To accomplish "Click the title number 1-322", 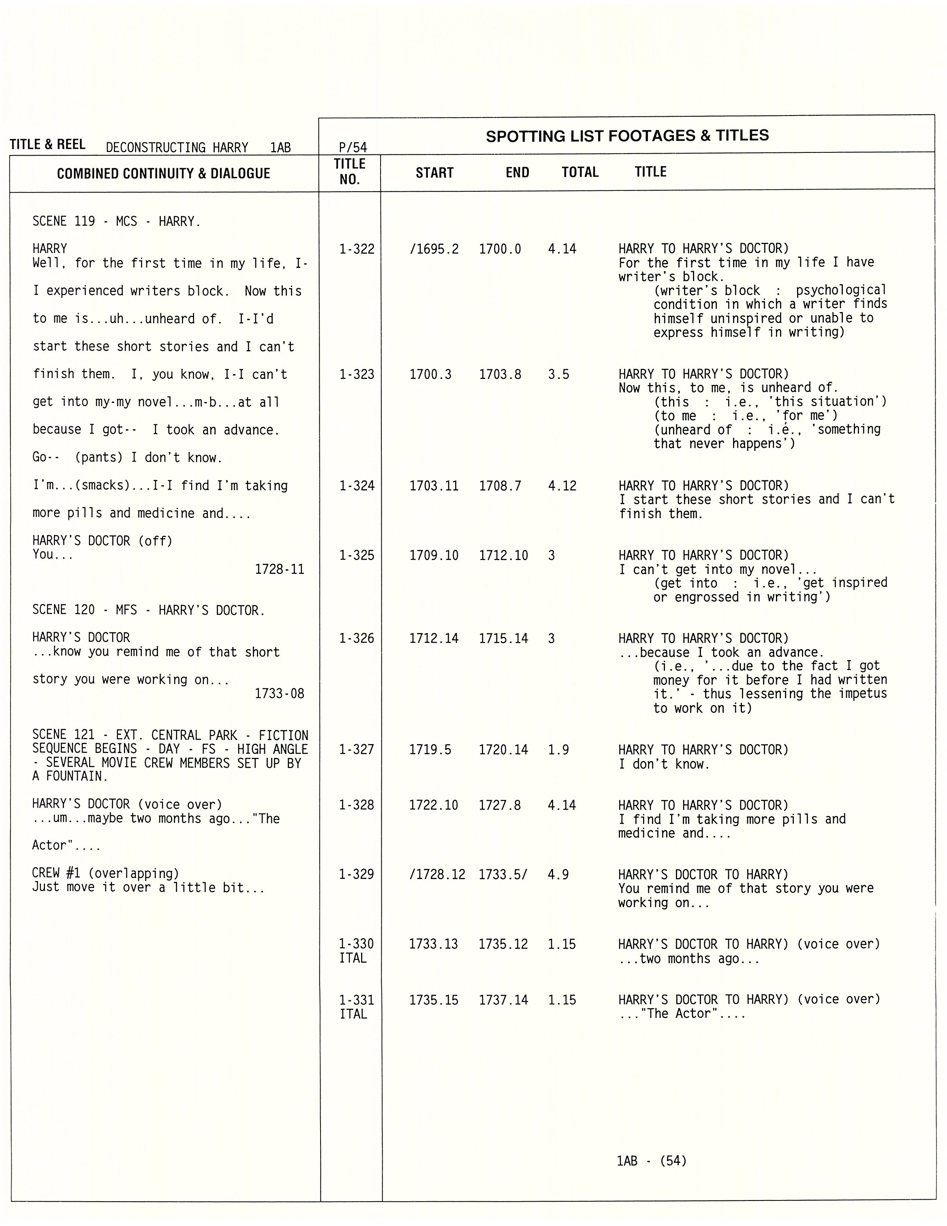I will coord(357,249).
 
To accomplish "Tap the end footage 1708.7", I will coord(500,486).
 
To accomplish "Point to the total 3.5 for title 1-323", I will coord(558,374).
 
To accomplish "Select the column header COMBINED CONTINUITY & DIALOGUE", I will coord(163,173).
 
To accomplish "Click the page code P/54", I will coord(353,148).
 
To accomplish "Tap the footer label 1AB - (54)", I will coord(651,1161).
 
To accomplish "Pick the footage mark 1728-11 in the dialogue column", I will coord(280,569).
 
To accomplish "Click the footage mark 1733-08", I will coord(280,694).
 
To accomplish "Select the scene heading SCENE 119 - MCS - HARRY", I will coord(116,222).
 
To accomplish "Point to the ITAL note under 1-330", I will coord(353,958).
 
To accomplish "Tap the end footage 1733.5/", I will coord(503,875).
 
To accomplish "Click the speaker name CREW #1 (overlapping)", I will coord(105,873).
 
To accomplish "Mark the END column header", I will coord(517,173).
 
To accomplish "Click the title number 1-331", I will coord(357,1000).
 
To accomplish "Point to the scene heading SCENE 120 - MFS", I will coord(148,610).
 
